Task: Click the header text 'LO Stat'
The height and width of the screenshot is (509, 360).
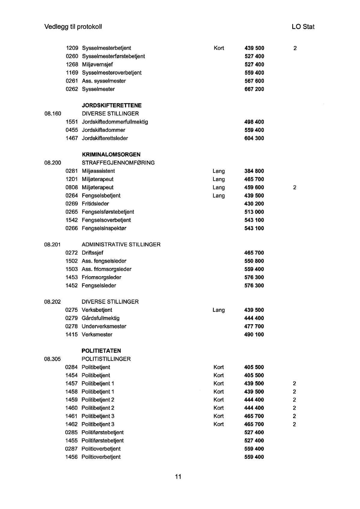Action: [303, 27]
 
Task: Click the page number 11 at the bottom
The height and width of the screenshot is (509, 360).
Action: [178, 477]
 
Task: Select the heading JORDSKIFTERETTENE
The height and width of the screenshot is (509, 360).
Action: [112, 105]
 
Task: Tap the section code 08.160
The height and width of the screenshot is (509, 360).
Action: [53, 114]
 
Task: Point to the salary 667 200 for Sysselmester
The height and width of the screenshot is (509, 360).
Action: [254, 89]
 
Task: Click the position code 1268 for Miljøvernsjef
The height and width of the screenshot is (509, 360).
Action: [72, 65]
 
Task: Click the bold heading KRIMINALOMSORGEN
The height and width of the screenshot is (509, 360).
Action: [111, 155]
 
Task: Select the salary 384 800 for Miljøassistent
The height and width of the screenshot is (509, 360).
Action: [254, 171]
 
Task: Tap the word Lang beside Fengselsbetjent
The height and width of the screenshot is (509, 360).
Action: [219, 196]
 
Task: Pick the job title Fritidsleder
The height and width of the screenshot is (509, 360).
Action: [95, 204]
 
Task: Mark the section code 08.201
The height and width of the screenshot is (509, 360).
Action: [52, 245]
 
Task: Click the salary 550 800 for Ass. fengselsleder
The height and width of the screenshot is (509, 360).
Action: [254, 261]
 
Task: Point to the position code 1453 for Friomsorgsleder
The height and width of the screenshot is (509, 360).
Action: [72, 277]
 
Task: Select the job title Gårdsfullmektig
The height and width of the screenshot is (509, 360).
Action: [100, 318]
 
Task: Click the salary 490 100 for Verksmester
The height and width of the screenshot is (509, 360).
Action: [254, 335]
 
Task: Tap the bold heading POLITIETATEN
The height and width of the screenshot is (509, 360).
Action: [101, 351]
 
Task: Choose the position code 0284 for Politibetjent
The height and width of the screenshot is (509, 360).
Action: [71, 367]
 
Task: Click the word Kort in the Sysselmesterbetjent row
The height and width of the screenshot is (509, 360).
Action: [219, 48]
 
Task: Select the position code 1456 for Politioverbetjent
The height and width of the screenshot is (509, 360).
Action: [71, 457]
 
